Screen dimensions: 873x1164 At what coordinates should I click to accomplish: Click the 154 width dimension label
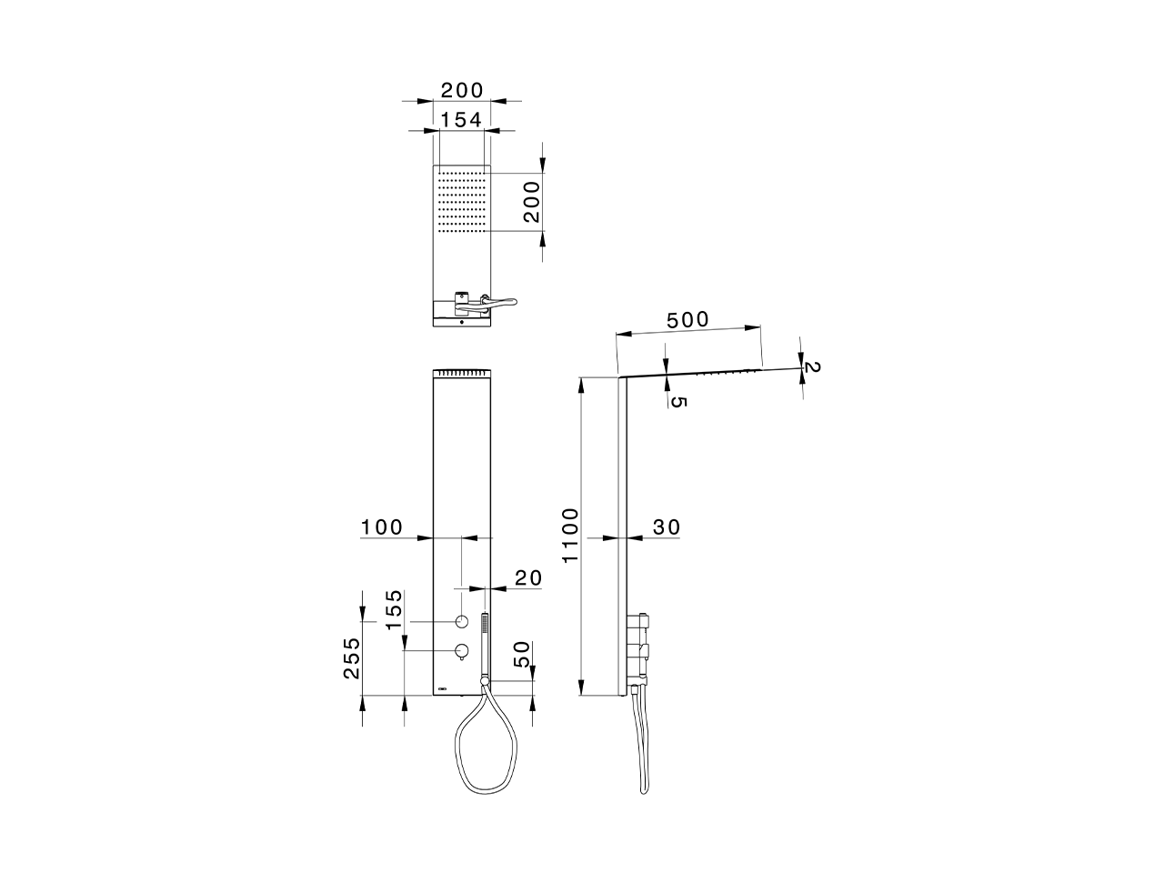tap(461, 119)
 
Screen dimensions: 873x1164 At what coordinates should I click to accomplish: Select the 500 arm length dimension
tap(687, 321)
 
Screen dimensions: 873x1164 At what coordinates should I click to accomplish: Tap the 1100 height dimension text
tap(570, 536)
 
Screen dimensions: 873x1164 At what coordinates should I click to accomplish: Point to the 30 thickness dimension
tap(666, 527)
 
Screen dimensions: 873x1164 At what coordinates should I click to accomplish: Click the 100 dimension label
tap(382, 527)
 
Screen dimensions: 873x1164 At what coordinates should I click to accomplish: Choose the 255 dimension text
tap(351, 657)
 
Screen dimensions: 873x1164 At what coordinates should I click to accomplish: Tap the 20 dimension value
tap(527, 577)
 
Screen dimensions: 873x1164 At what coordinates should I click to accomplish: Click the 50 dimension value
tap(522, 655)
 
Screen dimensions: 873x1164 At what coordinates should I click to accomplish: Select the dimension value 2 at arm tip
tap(812, 367)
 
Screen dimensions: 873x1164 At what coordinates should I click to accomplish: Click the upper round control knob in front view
tap(462, 621)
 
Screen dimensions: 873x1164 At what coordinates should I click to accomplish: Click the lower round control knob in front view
tap(462, 650)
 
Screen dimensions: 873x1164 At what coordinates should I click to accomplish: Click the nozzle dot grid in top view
tap(462, 200)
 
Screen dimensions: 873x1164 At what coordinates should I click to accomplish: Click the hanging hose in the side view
tap(640, 741)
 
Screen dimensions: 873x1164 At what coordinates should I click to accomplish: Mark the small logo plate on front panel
tap(443, 688)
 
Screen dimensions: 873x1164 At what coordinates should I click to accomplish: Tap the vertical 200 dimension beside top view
tap(531, 201)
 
